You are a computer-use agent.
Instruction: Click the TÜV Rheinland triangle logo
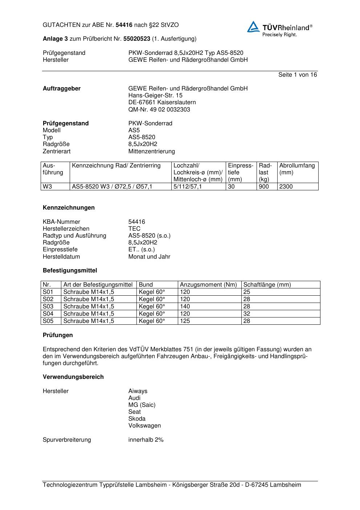[253, 27]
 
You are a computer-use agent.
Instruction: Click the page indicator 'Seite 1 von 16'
[297, 75]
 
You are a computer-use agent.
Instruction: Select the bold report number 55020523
[137, 39]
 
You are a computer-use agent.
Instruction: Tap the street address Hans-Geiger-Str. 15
[155, 96]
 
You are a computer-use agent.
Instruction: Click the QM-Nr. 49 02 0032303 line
[159, 109]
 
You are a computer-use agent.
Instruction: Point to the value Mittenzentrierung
[151, 151]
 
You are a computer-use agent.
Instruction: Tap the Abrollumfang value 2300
[286, 187]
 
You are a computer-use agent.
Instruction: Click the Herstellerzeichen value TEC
[134, 229]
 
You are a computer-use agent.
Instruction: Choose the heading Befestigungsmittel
[70, 271]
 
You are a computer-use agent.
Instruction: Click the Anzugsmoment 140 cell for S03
[185, 307]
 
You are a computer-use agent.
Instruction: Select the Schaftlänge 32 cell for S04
[247, 314]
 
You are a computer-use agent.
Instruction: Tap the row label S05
[48, 321]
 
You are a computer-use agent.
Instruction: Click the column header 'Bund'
[146, 285]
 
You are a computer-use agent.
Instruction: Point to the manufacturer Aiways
[138, 391]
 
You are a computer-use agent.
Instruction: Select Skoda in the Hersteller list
[137, 419]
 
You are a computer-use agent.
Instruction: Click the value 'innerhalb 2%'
[146, 440]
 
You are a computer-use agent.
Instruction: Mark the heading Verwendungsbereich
[73, 377]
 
